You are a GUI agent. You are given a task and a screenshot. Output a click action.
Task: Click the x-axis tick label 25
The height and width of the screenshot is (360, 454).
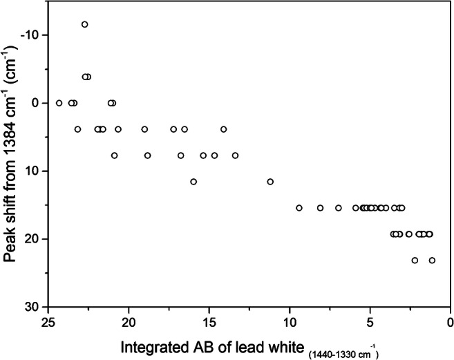(x=48, y=322)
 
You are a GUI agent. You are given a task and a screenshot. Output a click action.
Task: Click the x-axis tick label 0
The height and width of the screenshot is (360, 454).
(x=450, y=322)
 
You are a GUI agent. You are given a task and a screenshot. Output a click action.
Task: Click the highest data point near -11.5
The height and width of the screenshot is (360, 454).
(x=85, y=24)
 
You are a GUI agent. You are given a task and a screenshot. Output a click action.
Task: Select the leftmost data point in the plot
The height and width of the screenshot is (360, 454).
(x=59, y=103)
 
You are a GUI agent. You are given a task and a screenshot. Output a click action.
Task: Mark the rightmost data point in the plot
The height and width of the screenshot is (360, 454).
(x=432, y=260)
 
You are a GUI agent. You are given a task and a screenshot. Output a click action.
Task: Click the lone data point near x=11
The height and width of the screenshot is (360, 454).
(x=270, y=182)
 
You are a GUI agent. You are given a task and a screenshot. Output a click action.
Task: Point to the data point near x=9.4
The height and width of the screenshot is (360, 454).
(x=299, y=208)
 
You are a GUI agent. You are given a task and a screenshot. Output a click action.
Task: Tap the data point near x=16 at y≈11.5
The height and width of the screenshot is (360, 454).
(x=193, y=182)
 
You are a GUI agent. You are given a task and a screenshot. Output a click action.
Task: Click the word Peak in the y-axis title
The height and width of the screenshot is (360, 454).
(x=12, y=244)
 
